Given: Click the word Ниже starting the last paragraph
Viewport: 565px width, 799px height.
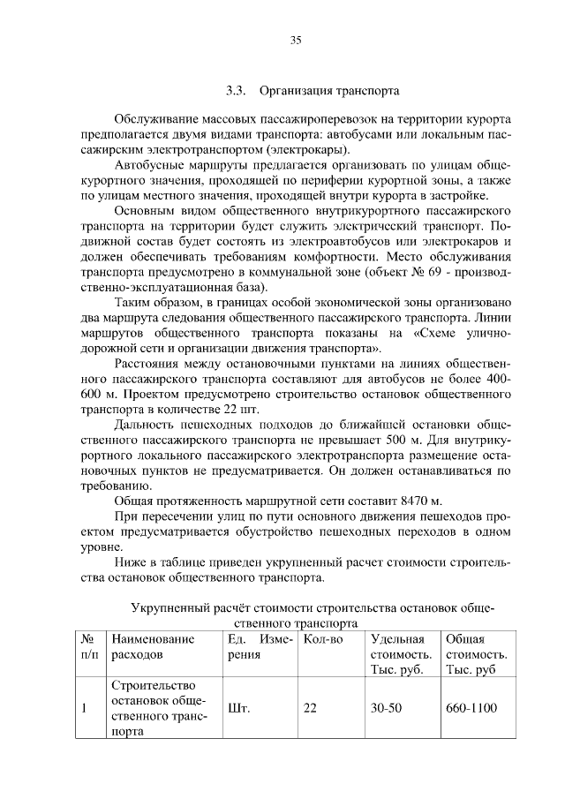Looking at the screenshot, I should click(x=131, y=563).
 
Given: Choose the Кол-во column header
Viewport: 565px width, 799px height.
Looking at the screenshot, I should click(x=323, y=638).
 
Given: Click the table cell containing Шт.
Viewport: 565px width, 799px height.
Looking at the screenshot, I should click(x=239, y=708).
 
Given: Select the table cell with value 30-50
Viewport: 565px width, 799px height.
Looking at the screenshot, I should click(x=388, y=708).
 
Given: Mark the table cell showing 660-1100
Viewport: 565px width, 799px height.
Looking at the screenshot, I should click(x=471, y=708).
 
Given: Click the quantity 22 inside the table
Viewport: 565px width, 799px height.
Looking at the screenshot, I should click(x=310, y=708).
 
